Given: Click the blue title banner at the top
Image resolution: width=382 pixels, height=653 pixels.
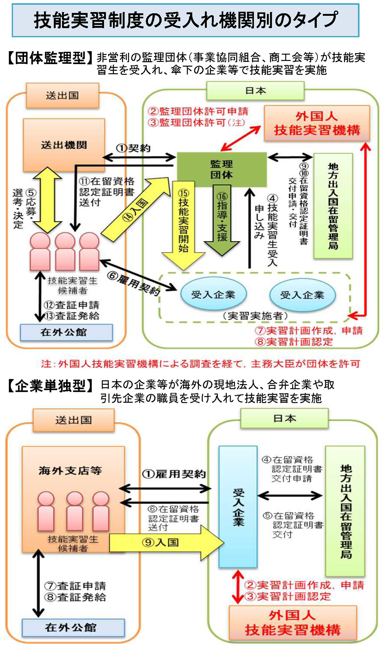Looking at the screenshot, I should (186, 20).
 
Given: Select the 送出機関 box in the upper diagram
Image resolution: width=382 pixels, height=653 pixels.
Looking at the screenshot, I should (64, 145).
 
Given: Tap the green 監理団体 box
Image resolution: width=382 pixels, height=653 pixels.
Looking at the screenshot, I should (222, 169).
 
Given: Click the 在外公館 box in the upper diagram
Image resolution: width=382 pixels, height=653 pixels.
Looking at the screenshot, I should (66, 332).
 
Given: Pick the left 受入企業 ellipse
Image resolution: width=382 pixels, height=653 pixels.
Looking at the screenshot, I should (213, 294).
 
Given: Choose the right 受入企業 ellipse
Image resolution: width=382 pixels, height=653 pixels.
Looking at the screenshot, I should (302, 295).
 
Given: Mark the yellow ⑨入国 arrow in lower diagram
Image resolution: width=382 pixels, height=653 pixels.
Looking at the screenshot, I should (164, 542).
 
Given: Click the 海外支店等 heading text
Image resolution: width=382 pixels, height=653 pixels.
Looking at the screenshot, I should (70, 471).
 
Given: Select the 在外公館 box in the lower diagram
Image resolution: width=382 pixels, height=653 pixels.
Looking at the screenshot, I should (73, 627).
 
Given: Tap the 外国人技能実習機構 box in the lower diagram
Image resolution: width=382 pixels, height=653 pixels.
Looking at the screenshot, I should (292, 623).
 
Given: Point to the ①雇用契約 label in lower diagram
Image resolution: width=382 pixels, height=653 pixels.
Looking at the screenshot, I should (174, 474).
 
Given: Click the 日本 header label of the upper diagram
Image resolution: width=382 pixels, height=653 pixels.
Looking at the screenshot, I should (255, 91).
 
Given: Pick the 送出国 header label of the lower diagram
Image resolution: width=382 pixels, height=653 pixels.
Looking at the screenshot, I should (73, 420).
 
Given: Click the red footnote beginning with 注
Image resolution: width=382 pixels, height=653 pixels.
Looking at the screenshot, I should (201, 363).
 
